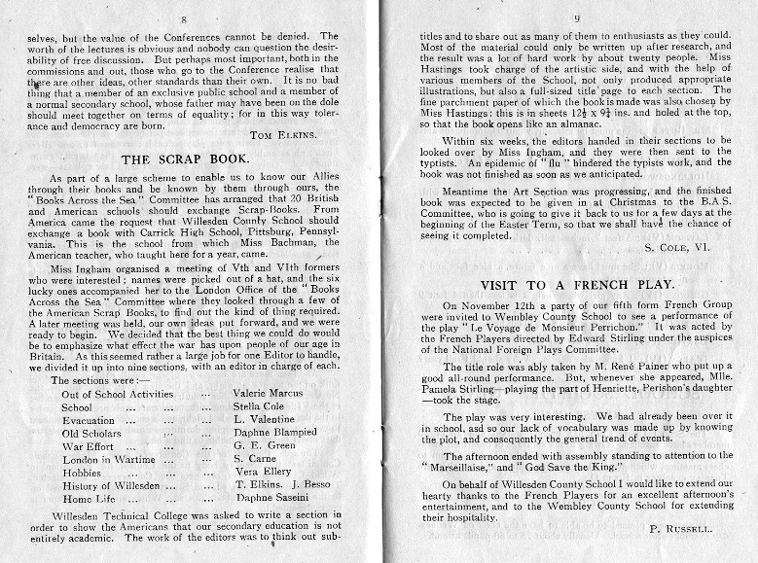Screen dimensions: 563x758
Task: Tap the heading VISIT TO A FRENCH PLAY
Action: [577, 284]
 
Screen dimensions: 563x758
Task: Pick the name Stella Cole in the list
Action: [259, 407]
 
